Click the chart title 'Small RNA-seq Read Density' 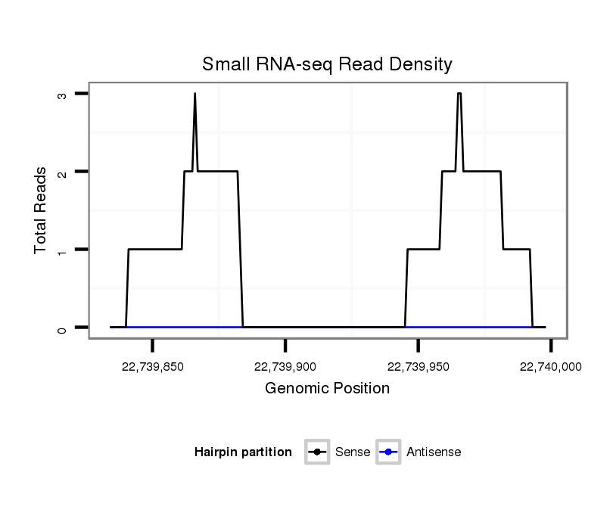(x=327, y=64)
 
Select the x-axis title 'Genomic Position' (x=327, y=389)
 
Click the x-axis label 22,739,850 (x=152, y=366)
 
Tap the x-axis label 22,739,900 (x=285, y=366)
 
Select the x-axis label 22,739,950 (x=418, y=366)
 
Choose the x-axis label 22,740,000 (x=550, y=366)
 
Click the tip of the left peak (x=194, y=94)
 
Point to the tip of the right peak (x=459, y=94)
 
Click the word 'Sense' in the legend (x=352, y=452)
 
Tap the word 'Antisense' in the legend (x=434, y=452)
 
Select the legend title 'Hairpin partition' (x=243, y=452)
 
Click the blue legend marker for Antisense (x=388, y=452)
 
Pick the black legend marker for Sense (x=317, y=452)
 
